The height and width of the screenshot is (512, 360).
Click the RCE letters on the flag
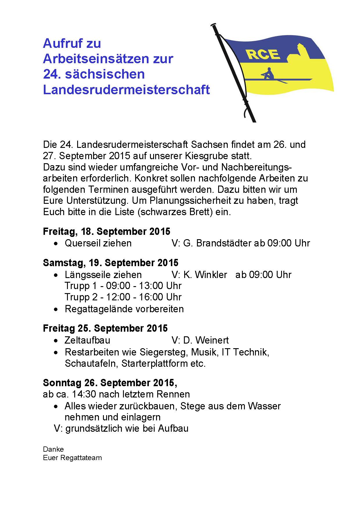tap(263, 54)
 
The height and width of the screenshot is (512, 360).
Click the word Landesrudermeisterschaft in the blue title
tap(126, 90)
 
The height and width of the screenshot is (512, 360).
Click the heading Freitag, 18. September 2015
tap(106, 231)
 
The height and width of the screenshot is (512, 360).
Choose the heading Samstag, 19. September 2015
tap(111, 263)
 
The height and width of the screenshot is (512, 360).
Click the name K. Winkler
tap(205, 275)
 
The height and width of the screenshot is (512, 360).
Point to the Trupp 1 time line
tap(123, 286)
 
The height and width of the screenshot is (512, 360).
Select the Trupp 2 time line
tap(123, 297)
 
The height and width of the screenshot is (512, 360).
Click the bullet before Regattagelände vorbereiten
tap(56, 309)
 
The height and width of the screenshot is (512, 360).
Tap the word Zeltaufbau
tap(87, 340)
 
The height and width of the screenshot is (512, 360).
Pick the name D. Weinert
tap(206, 340)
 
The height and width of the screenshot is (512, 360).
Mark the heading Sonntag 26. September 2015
tap(110, 383)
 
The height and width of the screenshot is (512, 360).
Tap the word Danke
tap(53, 449)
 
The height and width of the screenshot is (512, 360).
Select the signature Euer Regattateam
tap(72, 458)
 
